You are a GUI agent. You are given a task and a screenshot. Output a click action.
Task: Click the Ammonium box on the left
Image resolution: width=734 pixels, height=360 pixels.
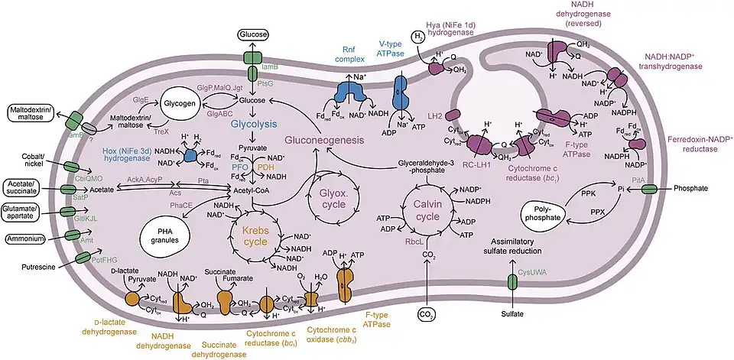click(26, 239)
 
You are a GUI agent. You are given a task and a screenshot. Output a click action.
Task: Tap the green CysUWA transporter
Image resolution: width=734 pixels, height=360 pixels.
click(513, 281)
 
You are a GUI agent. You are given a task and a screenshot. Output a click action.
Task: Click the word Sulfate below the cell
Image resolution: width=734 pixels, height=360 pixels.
click(512, 313)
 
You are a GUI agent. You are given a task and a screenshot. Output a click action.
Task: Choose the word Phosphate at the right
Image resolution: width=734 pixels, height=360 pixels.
click(695, 187)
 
